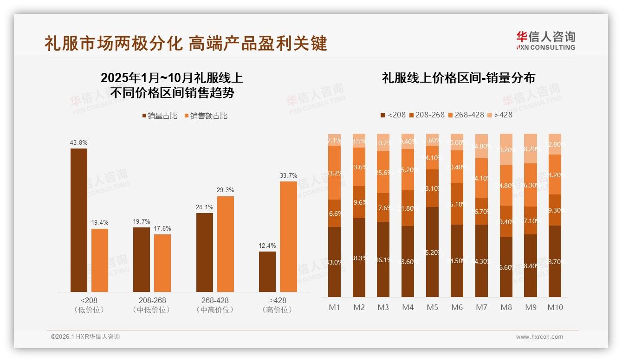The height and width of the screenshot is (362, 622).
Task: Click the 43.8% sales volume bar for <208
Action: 78,220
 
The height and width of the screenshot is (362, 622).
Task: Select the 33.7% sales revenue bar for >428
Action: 288,236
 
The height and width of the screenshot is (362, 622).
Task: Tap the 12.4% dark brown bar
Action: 267,271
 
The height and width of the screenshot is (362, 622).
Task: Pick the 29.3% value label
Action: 226,190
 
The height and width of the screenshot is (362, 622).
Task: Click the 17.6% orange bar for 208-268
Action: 162,263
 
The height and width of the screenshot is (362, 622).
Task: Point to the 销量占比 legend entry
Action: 160,116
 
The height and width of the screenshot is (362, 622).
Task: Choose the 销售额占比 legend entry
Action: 206,116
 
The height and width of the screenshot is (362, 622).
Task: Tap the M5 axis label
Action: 433,307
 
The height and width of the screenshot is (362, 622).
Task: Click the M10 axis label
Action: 555,307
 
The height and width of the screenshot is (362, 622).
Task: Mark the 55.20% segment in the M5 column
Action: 433,252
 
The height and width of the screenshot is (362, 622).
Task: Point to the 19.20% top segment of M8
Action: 506,149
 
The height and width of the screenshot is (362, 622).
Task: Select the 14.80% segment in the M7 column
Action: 481,146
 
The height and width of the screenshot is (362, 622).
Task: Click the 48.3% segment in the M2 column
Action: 359,257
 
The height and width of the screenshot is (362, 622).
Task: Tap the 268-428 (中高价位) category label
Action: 215,305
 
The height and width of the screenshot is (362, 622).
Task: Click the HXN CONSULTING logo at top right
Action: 545,40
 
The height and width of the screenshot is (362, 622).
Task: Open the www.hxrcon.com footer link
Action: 539,337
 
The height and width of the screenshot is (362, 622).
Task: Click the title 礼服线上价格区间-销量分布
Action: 458,78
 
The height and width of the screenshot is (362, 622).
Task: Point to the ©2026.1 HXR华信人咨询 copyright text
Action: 85,337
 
